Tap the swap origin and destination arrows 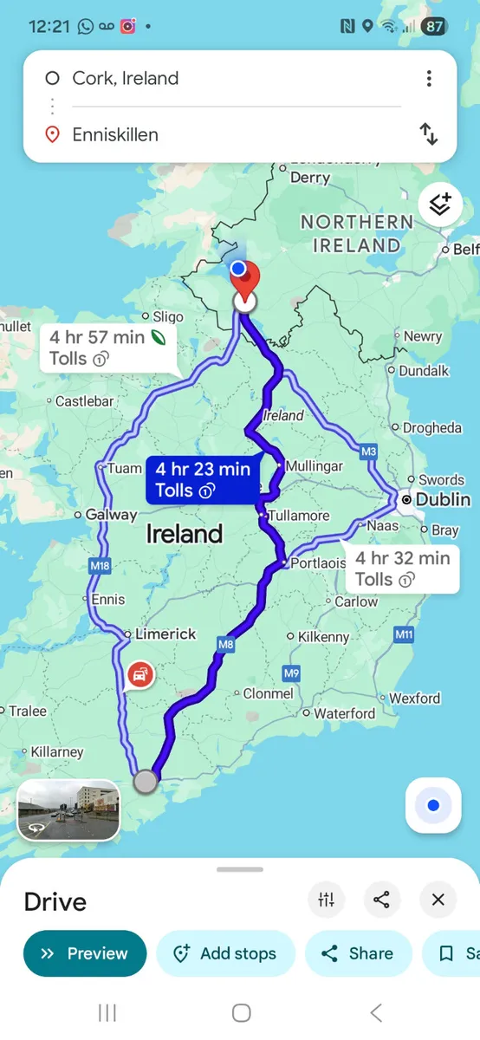coord(429,134)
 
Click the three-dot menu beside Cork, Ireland coord(429,79)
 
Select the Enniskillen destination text coord(115,134)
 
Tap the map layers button coord(440,205)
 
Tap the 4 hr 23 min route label coord(203,480)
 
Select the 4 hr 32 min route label coord(401,569)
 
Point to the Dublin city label coord(443,500)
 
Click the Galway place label coord(111,515)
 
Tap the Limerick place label coord(165,634)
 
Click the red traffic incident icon coord(140,674)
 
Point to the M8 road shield coord(226,644)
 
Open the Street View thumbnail coord(68,811)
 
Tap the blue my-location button coord(433,806)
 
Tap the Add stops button coord(225,953)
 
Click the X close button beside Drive coord(438,900)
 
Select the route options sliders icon coord(327,900)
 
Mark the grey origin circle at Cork coord(146,782)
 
